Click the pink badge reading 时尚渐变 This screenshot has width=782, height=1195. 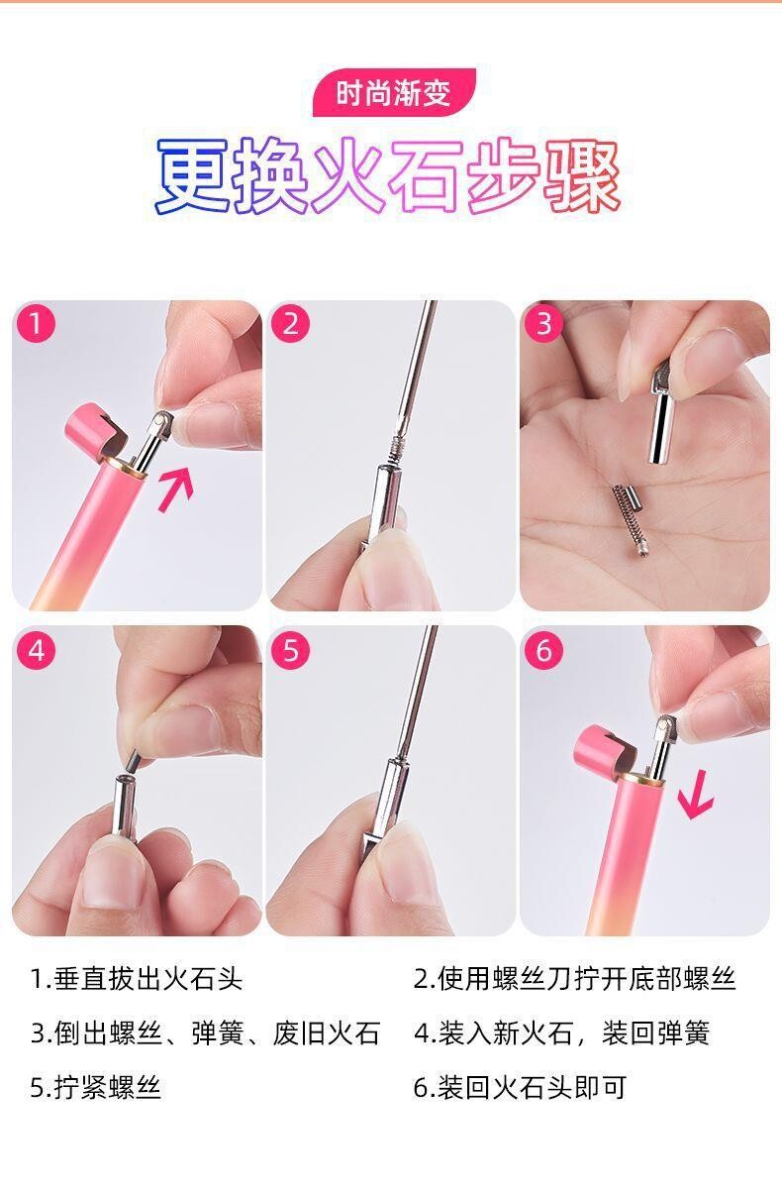(394, 92)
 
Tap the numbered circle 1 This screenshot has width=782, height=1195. (36, 323)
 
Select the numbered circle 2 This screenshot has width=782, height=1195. (290, 323)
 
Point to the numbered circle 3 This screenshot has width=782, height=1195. (543, 323)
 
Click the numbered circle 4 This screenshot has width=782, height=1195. (36, 650)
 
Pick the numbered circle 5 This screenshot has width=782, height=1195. (290, 650)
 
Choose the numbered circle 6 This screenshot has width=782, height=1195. (543, 650)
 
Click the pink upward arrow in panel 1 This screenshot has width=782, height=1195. (176, 489)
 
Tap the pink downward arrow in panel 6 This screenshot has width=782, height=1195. (696, 795)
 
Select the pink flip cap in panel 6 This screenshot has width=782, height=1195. (603, 750)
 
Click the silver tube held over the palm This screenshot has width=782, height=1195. (662, 413)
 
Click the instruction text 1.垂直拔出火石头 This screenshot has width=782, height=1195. (137, 979)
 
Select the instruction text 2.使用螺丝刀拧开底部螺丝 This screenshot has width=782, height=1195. (574, 979)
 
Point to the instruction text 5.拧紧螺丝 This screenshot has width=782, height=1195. (95, 1087)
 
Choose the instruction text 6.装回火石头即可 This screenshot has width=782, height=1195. (520, 1087)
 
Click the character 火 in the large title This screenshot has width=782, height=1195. (348, 175)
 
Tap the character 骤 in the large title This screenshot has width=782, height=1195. (582, 175)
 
